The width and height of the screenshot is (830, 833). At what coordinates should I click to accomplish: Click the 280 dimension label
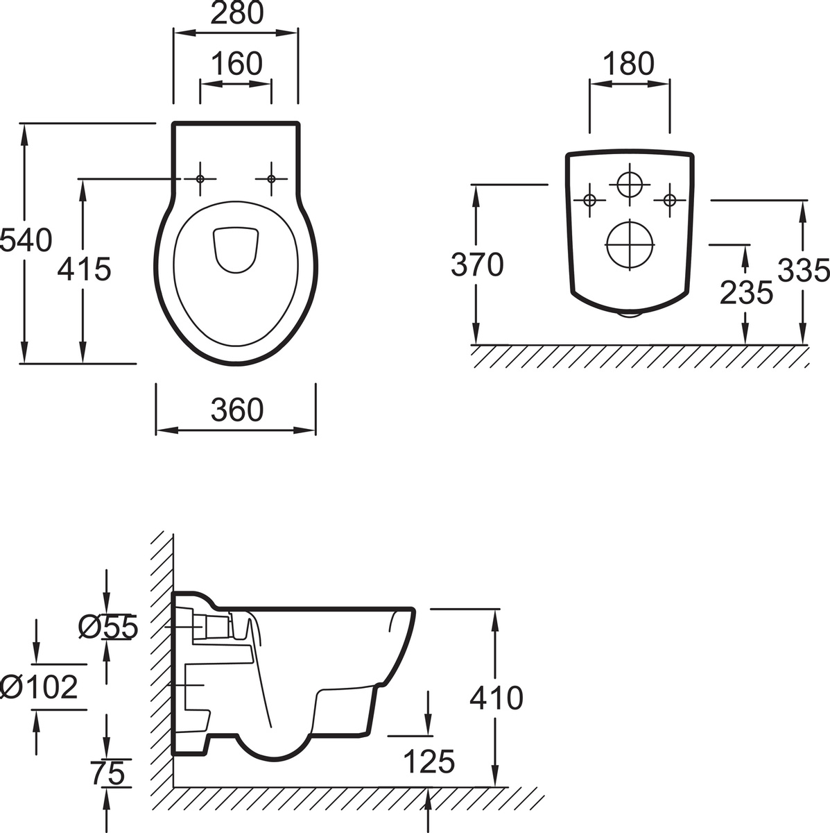click(237, 13)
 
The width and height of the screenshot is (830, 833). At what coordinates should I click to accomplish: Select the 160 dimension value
click(236, 64)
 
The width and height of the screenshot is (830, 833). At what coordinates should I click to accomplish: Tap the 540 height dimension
click(26, 240)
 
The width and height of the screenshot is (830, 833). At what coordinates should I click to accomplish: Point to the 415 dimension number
click(84, 269)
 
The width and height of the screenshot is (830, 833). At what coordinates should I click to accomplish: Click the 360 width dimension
click(237, 410)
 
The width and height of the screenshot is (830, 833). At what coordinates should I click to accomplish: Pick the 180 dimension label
click(629, 64)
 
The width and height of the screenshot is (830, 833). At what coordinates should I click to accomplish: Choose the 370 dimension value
click(477, 264)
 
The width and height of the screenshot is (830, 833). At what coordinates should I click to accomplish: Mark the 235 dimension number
click(746, 292)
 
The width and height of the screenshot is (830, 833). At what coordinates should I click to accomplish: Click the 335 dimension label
click(804, 270)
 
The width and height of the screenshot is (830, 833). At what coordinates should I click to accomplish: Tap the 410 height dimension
click(496, 698)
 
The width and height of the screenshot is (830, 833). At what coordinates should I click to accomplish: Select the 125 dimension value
click(429, 762)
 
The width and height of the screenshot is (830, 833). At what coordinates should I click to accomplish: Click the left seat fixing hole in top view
click(200, 179)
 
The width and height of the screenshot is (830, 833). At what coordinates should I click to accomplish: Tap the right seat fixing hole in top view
click(271, 179)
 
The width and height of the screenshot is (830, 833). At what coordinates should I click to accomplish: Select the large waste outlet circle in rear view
click(630, 244)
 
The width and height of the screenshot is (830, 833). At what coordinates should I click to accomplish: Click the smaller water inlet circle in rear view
click(630, 185)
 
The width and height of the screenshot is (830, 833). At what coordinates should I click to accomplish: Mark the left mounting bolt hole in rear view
click(589, 201)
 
